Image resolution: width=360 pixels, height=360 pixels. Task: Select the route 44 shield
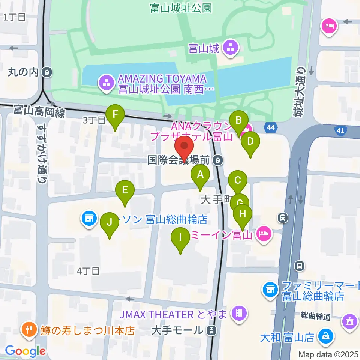point(271,128)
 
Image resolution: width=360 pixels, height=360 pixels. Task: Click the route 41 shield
point(340,130)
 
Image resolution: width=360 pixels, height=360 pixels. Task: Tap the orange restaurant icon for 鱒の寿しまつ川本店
point(29,330)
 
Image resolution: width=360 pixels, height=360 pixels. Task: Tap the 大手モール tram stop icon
point(212,330)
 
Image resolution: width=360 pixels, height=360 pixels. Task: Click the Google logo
point(25,351)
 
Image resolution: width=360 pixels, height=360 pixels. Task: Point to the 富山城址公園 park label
point(181,8)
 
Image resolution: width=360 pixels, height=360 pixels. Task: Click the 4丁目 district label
point(88,270)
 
